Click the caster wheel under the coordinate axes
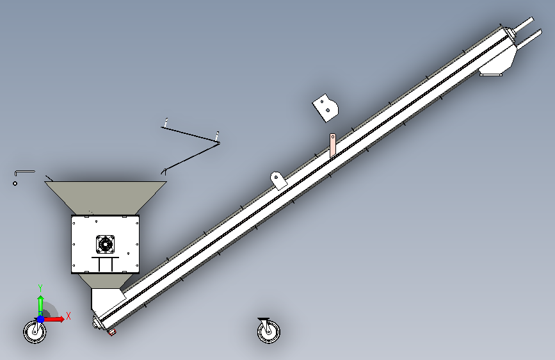(x=35, y=332)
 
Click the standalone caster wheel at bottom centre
(x=268, y=331)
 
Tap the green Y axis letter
(x=40, y=288)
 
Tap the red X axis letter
(x=68, y=316)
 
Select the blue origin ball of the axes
(x=40, y=319)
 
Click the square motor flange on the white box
(x=105, y=244)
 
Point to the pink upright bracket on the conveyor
(x=333, y=145)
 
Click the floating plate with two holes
(x=325, y=108)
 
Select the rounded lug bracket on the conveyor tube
(x=278, y=180)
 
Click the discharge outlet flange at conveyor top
(x=490, y=74)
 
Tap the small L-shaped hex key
(x=24, y=172)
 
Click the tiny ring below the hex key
(x=15, y=183)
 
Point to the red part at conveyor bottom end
(x=112, y=332)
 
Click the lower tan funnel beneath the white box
(x=105, y=281)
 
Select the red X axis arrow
(x=54, y=319)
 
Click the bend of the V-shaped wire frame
(x=219, y=143)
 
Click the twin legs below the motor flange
(x=106, y=265)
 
